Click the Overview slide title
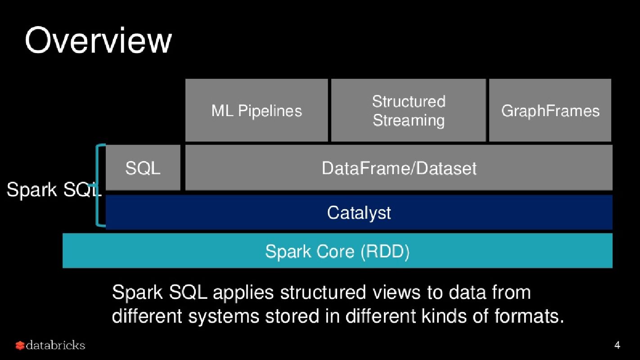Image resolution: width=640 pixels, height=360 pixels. coord(98,40)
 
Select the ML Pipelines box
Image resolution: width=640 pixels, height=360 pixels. coord(257,111)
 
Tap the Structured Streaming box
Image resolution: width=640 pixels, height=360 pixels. coord(408,111)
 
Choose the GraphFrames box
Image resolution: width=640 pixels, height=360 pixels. coord(550,111)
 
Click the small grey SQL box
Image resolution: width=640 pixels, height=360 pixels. coord(143,168)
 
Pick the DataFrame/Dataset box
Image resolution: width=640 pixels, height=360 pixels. coord(399,168)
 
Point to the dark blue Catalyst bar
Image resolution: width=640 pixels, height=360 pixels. coord(359,212)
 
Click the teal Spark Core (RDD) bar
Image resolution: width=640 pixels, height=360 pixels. coord(337,251)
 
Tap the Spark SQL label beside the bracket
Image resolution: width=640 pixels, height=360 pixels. coord(53,190)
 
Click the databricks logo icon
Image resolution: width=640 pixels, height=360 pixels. coord(20,346)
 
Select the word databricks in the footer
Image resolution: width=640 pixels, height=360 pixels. coord(55,345)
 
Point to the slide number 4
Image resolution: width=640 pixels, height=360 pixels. coord(617,346)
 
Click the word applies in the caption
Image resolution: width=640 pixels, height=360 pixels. coord(243,292)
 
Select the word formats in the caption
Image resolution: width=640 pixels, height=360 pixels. coord(529,316)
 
